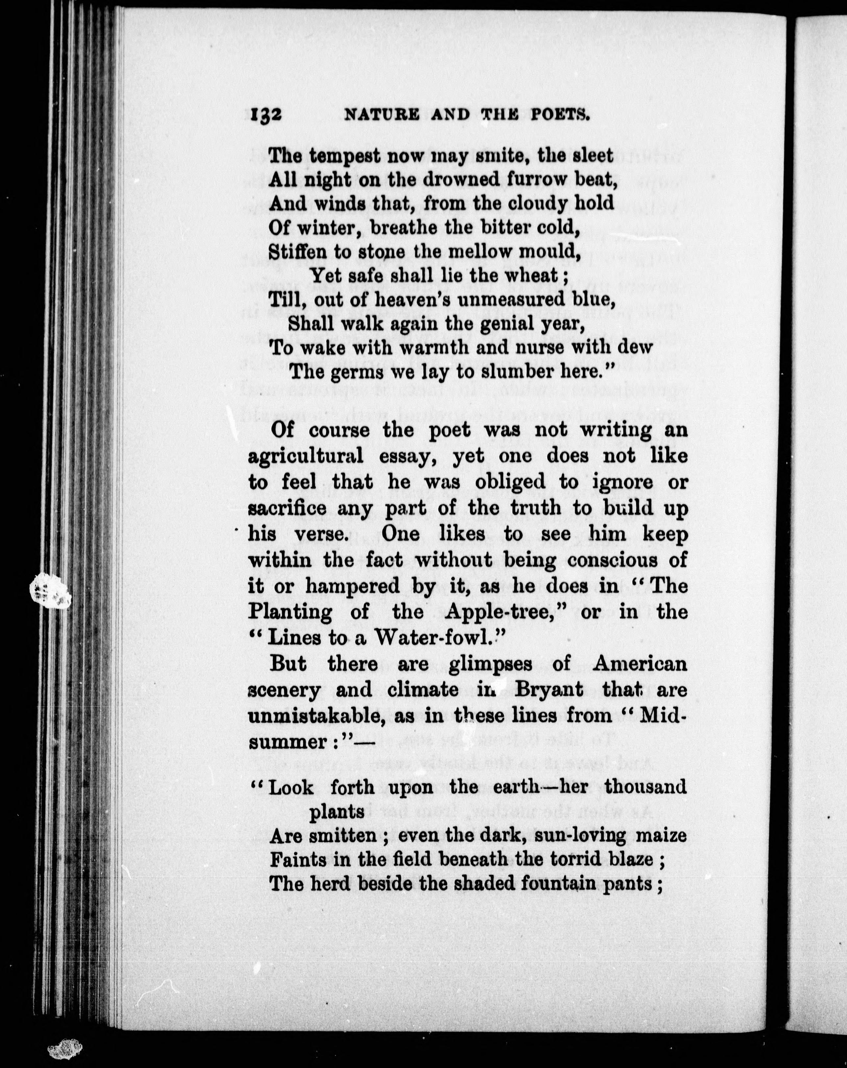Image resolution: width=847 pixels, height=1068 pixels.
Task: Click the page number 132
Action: pos(262,115)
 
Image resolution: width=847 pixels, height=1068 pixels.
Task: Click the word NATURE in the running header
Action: pos(381,115)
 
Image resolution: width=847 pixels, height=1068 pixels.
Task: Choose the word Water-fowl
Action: pos(435,638)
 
